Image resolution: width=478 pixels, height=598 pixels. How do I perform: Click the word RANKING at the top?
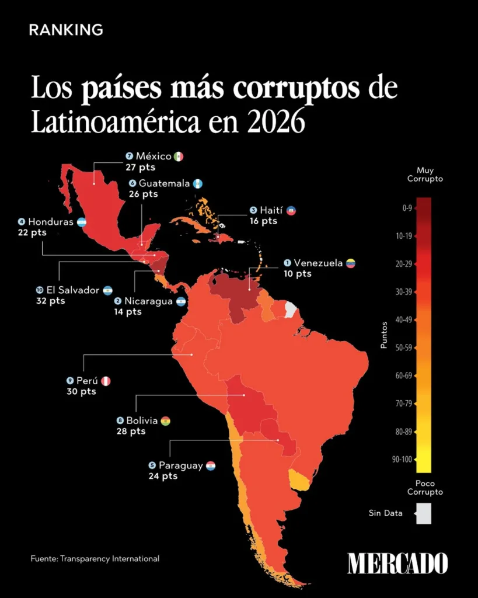(x=66, y=30)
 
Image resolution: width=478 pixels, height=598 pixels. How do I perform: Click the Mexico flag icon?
(x=179, y=157)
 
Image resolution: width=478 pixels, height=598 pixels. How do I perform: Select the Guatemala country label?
(x=164, y=183)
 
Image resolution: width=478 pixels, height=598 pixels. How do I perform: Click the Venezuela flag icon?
(x=351, y=263)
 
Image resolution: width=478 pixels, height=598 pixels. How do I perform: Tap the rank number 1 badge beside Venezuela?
(x=287, y=263)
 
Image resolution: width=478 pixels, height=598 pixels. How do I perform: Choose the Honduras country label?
(x=50, y=222)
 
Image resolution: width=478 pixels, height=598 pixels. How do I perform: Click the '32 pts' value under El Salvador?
(x=50, y=301)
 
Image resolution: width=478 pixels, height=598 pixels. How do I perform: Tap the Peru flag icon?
(x=106, y=381)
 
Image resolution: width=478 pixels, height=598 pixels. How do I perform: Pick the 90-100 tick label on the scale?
(x=402, y=460)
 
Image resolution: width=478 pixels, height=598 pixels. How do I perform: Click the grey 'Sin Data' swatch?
(x=424, y=514)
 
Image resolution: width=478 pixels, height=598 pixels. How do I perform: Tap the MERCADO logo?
(x=397, y=563)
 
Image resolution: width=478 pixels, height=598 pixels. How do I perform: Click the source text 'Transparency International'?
(x=109, y=559)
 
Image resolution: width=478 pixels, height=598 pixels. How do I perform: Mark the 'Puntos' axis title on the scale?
(x=383, y=336)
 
